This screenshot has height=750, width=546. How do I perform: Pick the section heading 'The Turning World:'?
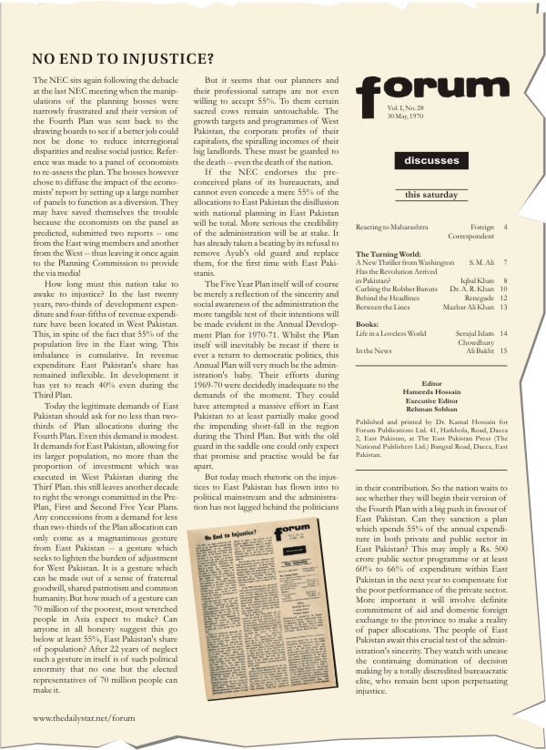(387, 254)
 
